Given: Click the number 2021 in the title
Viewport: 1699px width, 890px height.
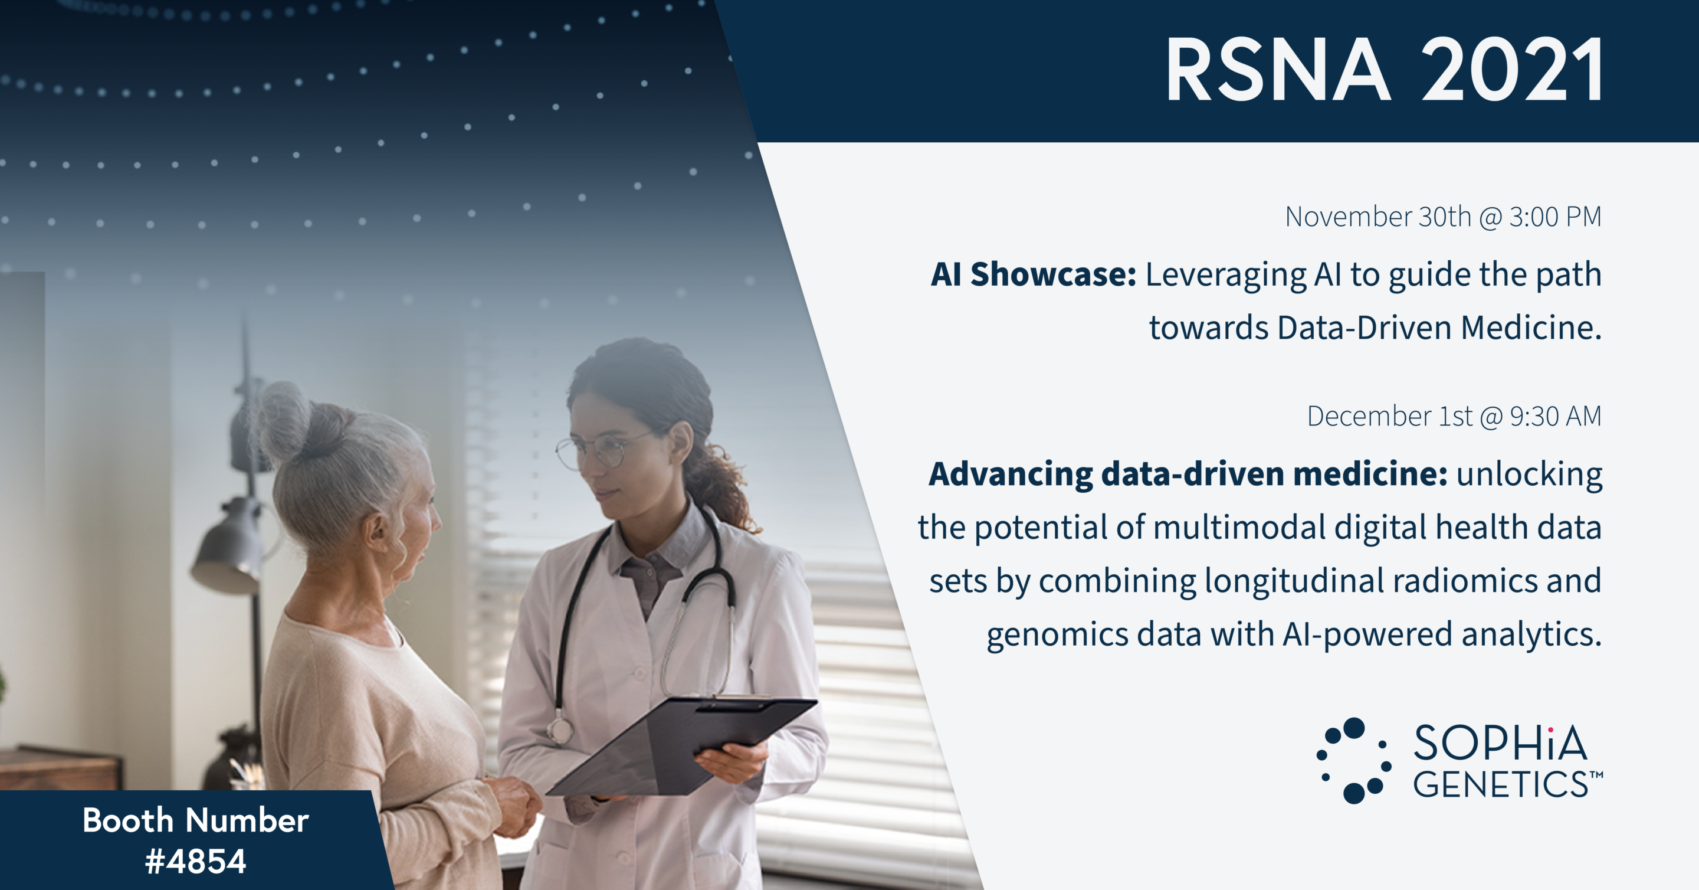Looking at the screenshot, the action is (1511, 69).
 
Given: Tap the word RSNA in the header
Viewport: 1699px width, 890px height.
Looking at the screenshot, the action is (1278, 69).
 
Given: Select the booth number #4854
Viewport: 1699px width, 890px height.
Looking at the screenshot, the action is (195, 861).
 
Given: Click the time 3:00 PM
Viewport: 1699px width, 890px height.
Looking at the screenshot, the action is (1555, 217).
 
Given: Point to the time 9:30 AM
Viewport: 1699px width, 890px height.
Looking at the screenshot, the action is (1555, 416).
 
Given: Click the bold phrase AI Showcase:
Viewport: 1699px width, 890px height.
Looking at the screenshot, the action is (1034, 274).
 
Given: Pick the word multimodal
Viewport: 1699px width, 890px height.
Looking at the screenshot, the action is (1239, 527).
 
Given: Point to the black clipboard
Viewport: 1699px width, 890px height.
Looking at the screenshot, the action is (683, 745).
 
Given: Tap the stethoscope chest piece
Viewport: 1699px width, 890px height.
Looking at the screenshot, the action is (560, 730).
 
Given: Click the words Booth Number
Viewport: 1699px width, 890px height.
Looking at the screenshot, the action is (196, 821).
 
